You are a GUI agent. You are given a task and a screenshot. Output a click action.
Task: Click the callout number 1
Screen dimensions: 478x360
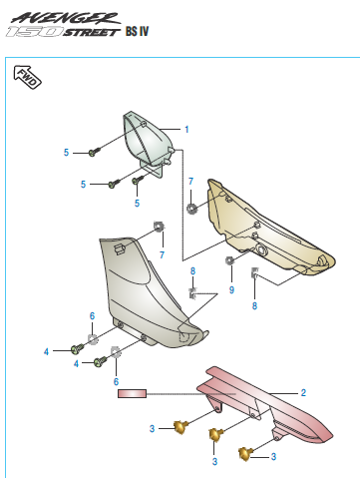(x=185, y=129)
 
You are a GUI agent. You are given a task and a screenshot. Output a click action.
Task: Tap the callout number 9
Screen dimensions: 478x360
(x=230, y=289)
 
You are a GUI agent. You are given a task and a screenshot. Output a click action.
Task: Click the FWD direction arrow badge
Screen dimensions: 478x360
(x=27, y=78)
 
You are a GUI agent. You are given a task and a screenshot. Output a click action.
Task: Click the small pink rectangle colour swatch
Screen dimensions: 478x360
(x=132, y=394)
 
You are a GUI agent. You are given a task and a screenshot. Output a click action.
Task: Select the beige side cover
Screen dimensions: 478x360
(x=264, y=228)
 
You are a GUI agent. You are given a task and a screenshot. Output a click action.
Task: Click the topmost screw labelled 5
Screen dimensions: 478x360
(x=93, y=152)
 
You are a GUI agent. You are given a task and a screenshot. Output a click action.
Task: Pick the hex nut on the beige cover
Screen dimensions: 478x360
(x=189, y=208)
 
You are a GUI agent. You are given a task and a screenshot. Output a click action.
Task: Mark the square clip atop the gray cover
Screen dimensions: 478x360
(x=158, y=226)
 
